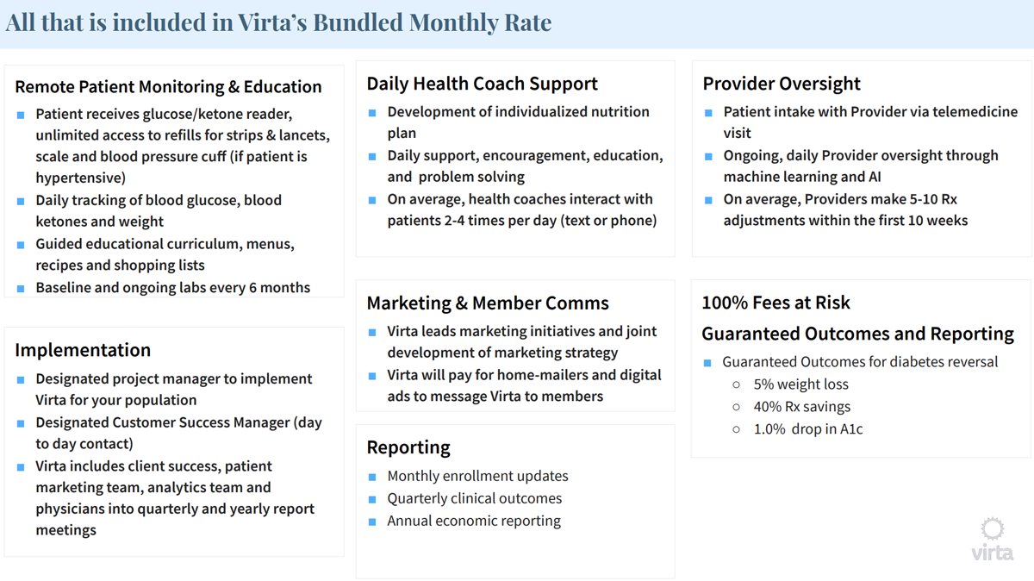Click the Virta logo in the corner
tap(993, 540)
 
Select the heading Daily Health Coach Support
tap(482, 84)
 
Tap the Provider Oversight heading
tap(782, 84)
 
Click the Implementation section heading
tap(83, 350)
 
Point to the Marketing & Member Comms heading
tap(488, 303)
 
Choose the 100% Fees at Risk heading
tap(775, 303)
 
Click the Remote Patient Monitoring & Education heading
tap(168, 87)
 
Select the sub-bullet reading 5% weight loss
tap(800, 384)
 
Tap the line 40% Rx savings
tap(801, 407)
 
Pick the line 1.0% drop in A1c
tap(807, 429)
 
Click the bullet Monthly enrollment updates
tap(477, 476)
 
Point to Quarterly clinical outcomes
tap(474, 498)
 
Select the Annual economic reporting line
tap(474, 521)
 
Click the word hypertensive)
tap(80, 178)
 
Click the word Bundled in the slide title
tap(357, 22)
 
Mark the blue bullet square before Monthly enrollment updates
tap(372, 477)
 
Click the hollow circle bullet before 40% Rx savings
tap(736, 407)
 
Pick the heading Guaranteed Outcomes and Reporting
tap(857, 334)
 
